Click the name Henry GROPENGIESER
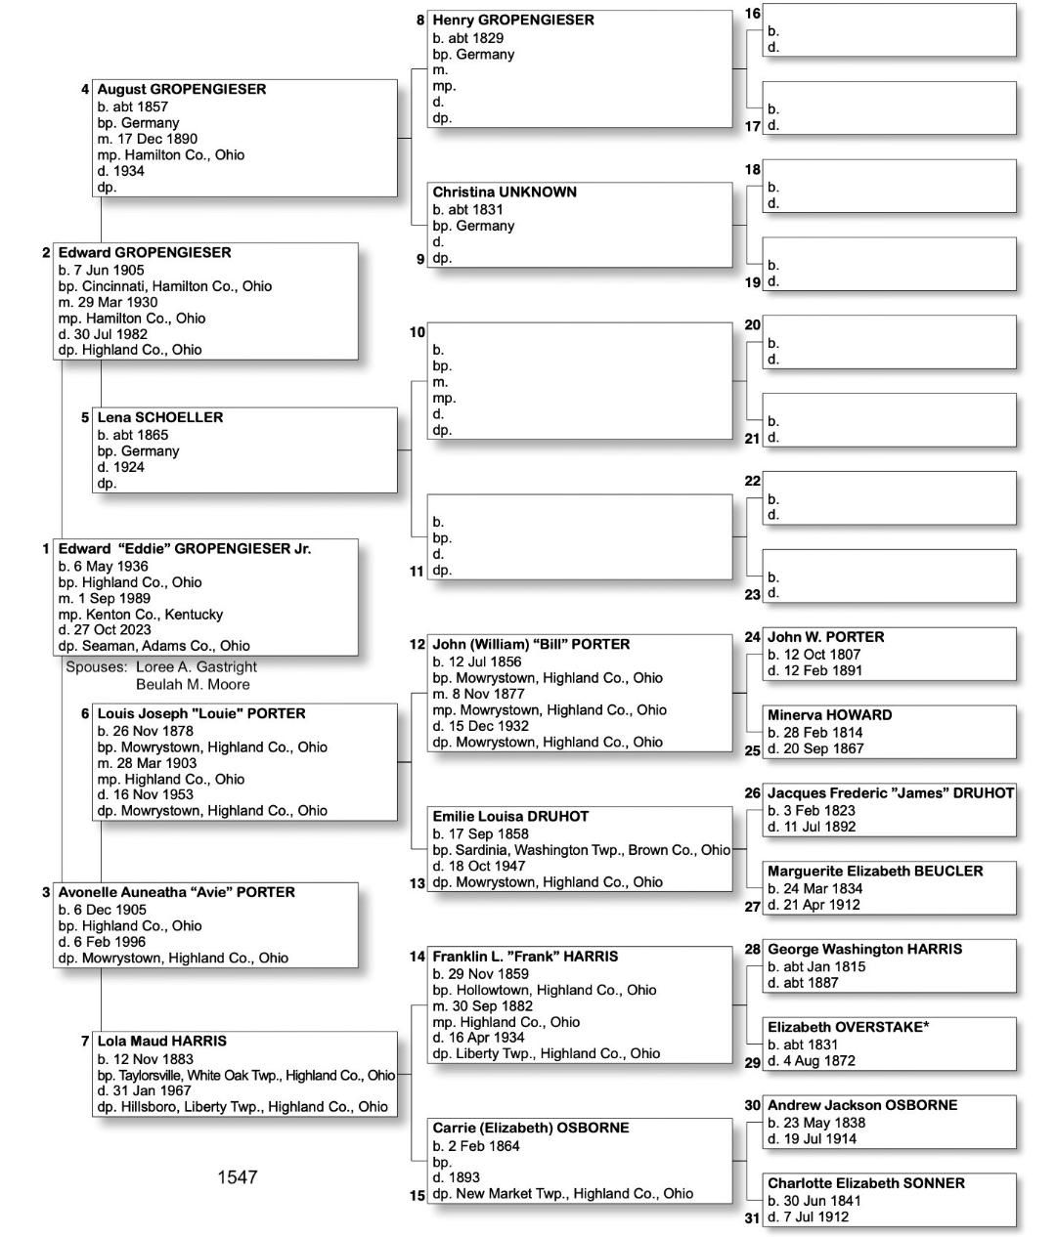click(512, 20)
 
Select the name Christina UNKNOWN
click(505, 192)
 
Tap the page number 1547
click(237, 1177)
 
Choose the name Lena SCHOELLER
click(159, 417)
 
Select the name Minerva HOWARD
click(829, 715)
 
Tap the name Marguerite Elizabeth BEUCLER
click(875, 871)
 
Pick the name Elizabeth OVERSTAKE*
click(848, 1027)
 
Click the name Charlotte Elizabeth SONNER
click(865, 1183)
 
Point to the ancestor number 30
click(752, 1105)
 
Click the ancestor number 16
click(752, 14)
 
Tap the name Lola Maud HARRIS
click(161, 1042)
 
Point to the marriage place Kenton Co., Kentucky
click(154, 615)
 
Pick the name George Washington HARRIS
click(864, 949)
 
